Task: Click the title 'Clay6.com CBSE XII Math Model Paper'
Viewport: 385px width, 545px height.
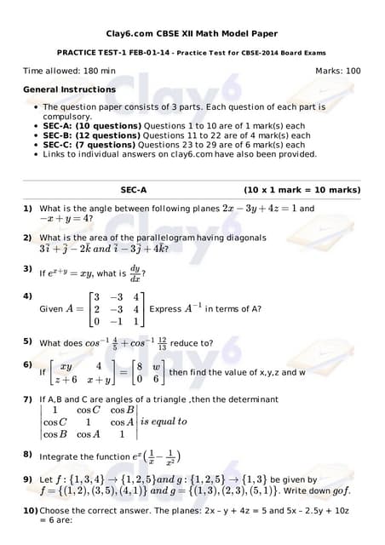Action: pos(192,33)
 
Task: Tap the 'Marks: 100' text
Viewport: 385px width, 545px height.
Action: pos(337,71)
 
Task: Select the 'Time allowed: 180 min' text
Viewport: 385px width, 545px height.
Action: pos(69,71)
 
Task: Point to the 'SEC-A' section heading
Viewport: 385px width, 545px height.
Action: pos(133,190)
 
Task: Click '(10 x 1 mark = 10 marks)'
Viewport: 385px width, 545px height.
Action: pos(302,190)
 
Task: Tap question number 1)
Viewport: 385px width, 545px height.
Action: pos(28,208)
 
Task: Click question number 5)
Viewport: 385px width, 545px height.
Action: pos(28,342)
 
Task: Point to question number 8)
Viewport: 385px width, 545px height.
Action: pos(28,455)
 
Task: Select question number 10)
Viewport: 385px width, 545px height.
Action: pos(31,509)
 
